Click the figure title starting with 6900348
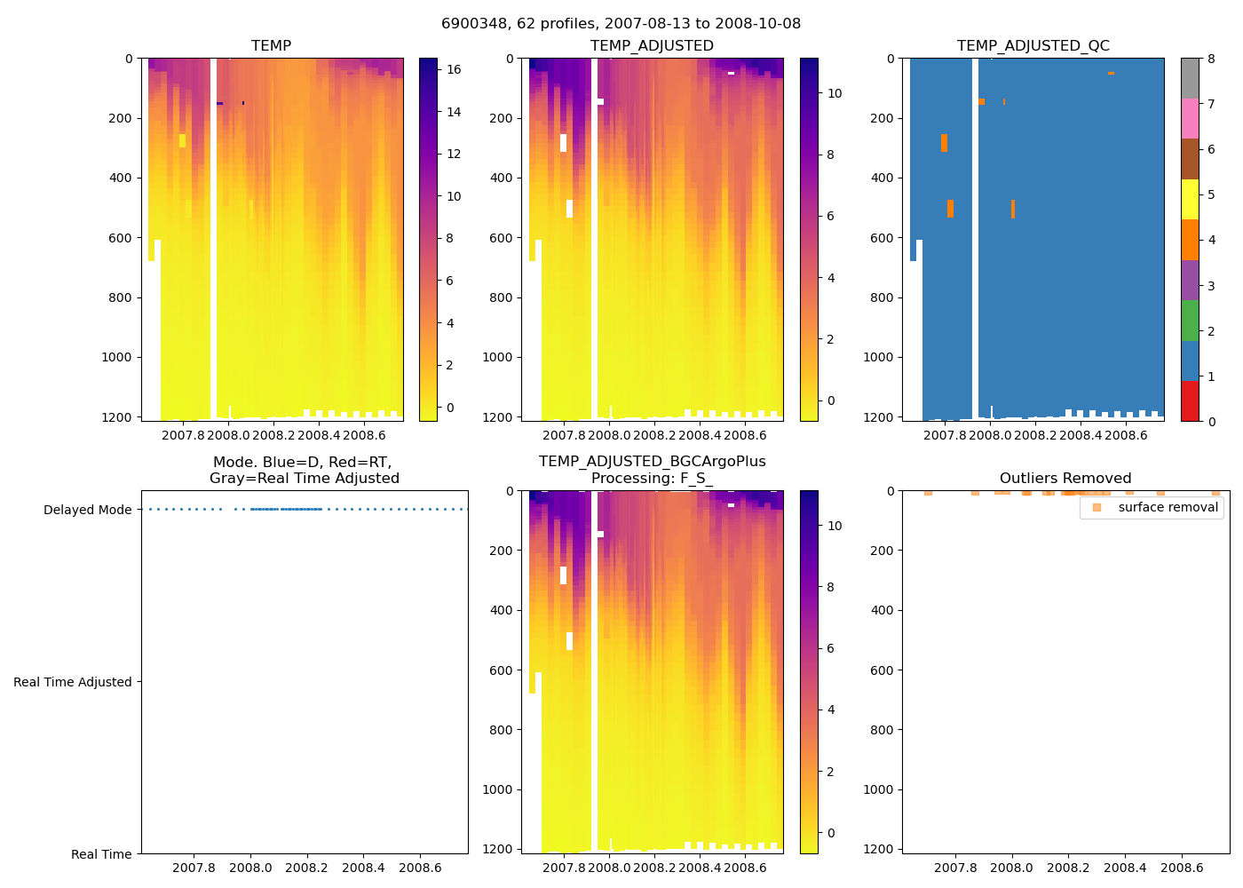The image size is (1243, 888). click(x=621, y=24)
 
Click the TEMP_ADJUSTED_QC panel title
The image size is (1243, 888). click(x=1033, y=46)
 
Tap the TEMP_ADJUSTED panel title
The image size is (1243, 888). click(x=652, y=46)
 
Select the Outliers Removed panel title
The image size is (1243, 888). click(x=1065, y=479)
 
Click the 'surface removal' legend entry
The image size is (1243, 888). click(x=1168, y=508)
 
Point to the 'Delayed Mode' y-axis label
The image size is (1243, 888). click(x=87, y=510)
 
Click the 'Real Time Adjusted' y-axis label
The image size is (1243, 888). click(x=73, y=682)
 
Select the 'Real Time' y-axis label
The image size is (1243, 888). click(x=101, y=854)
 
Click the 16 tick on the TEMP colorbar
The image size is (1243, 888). click(x=453, y=69)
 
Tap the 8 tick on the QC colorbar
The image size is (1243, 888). click(x=1211, y=59)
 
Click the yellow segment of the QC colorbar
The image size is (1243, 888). click(x=1190, y=199)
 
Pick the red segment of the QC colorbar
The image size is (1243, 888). click(x=1190, y=400)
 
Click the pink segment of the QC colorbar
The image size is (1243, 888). click(x=1190, y=118)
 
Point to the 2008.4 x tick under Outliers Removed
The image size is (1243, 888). click(x=1125, y=868)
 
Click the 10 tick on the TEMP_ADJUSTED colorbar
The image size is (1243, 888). click(x=835, y=93)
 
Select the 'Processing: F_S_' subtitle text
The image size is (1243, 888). click(x=652, y=479)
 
